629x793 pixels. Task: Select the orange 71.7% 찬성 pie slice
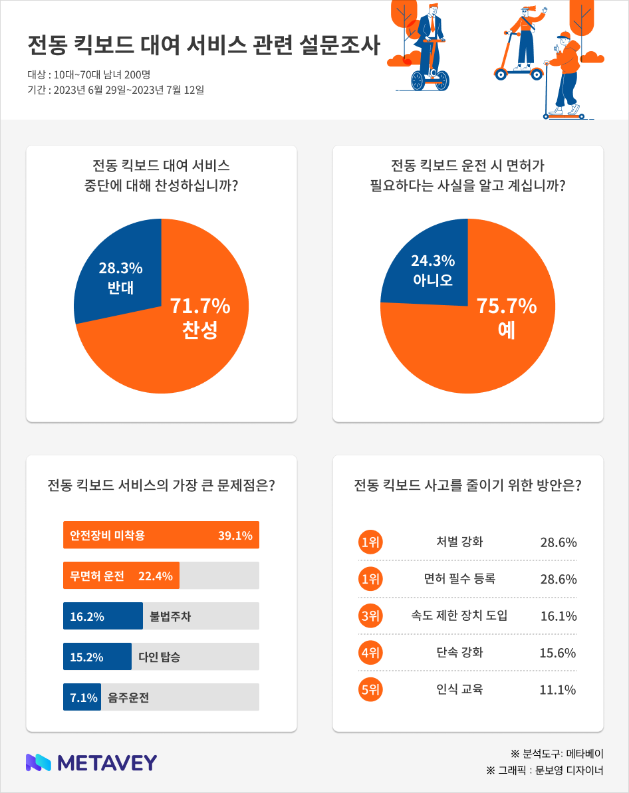[x=193, y=332]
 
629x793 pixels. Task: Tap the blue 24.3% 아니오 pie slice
[x=429, y=269]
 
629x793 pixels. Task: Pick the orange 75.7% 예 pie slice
[x=492, y=332]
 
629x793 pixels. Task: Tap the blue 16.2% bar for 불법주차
[x=102, y=616]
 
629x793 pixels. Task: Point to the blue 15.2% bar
[x=97, y=657]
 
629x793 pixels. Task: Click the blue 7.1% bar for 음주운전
[x=82, y=697]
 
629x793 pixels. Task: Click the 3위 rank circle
[x=370, y=616]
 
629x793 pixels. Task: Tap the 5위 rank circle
[x=370, y=689]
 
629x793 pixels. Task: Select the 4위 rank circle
[x=370, y=652]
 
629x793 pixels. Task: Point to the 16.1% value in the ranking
[x=558, y=616]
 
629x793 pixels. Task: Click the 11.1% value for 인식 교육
[x=558, y=690]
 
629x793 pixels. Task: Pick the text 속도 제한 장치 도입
[x=459, y=616]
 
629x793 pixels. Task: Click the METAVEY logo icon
[x=39, y=762]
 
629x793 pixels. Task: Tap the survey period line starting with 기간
[x=116, y=90]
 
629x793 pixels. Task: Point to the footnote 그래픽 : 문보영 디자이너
[x=545, y=771]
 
